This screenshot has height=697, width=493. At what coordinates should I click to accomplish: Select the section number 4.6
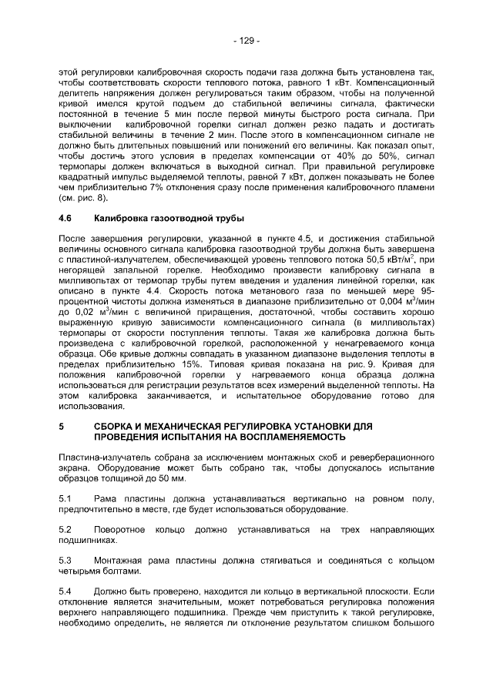coord(66,219)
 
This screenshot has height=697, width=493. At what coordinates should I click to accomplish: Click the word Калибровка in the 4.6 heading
coord(119,219)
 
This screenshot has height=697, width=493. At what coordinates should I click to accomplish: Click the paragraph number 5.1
coord(65,499)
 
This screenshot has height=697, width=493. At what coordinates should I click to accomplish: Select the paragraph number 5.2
coord(65,531)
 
